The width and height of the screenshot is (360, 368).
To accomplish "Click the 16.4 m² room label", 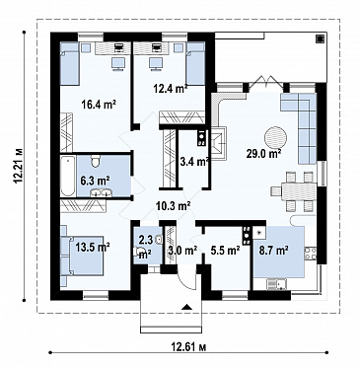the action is (x=99, y=105).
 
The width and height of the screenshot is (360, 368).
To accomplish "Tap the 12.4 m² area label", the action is (x=171, y=88).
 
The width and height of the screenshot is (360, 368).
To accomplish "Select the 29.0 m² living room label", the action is (x=263, y=153).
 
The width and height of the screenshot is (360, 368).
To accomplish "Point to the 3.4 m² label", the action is (x=195, y=162).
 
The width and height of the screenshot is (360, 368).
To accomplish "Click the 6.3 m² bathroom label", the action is (x=96, y=180).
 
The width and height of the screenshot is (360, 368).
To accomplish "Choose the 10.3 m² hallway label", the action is (x=174, y=206).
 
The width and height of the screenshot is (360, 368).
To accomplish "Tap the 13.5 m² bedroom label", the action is (x=93, y=247).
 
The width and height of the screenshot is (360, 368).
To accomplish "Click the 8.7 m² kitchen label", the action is (x=274, y=251).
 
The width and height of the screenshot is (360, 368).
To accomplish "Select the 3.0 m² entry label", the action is (x=182, y=251).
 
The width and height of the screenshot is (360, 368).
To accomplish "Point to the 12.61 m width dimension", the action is (x=188, y=347).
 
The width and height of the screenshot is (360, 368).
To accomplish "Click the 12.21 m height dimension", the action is (x=18, y=166).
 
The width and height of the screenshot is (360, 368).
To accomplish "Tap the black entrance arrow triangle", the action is (x=186, y=307).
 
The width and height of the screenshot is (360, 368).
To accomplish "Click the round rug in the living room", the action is (x=275, y=138).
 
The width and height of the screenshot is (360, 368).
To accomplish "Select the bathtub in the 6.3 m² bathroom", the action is (x=68, y=176).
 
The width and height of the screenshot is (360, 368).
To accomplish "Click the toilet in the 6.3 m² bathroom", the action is (x=96, y=161).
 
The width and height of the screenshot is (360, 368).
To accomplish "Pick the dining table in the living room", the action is (x=299, y=191).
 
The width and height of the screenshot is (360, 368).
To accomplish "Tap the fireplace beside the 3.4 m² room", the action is (x=219, y=143).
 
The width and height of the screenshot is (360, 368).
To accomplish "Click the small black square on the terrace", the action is (x=319, y=38).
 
